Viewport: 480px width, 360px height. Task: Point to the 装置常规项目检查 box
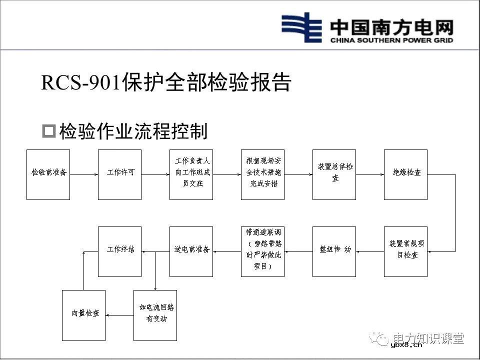(405, 251)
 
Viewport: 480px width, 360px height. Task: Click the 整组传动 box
(334, 251)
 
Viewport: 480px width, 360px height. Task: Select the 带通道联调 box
(262, 251)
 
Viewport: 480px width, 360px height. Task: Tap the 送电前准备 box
(191, 251)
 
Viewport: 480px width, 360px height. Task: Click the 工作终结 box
(119, 251)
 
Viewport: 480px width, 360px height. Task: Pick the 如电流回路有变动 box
(155, 315)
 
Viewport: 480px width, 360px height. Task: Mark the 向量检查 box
(83, 315)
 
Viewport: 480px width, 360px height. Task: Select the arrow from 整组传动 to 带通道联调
(298, 251)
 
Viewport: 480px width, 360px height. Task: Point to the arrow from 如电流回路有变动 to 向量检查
(119, 315)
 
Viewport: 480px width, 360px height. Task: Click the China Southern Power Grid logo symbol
(301, 28)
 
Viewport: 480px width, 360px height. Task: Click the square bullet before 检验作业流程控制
(48, 131)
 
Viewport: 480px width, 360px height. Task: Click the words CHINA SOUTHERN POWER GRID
(391, 40)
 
